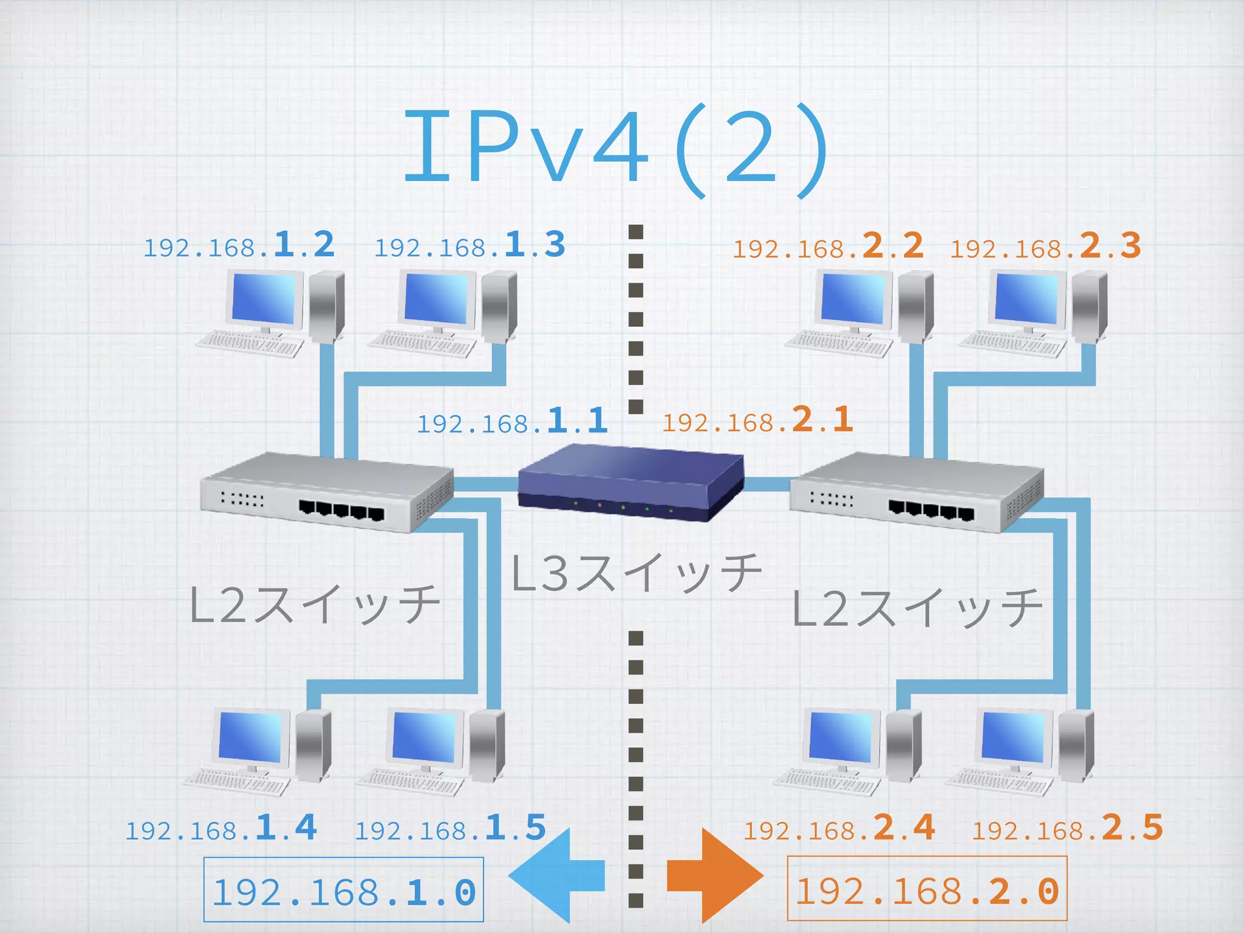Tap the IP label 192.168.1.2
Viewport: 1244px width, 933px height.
pyautogui.click(x=239, y=245)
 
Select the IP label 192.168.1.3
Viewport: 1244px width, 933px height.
pyautogui.click(x=470, y=245)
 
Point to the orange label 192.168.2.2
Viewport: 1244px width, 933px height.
pyautogui.click(x=828, y=247)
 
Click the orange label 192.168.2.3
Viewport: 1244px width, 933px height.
pyautogui.click(x=1045, y=247)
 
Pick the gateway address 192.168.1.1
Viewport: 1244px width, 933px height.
pyautogui.click(x=512, y=421)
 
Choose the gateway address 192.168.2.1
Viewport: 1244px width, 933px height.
pyautogui.click(x=757, y=420)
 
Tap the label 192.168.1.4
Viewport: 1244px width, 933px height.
pyautogui.click(x=221, y=828)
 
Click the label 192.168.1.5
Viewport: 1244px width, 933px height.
pyautogui.click(x=451, y=828)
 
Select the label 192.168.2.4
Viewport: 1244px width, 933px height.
pyautogui.click(x=839, y=828)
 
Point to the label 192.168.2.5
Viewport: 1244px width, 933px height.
pyautogui.click(x=1068, y=828)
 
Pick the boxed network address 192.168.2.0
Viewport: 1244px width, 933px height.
pyautogui.click(x=927, y=891)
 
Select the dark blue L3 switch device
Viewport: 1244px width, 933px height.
pyautogui.click(x=631, y=483)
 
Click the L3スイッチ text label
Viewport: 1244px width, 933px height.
pyautogui.click(x=636, y=573)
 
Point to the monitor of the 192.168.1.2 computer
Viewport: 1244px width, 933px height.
pyautogui.click(x=265, y=299)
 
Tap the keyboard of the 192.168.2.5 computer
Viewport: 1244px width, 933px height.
pyautogui.click(x=999, y=783)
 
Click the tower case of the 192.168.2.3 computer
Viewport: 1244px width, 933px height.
pyautogui.click(x=1090, y=307)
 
